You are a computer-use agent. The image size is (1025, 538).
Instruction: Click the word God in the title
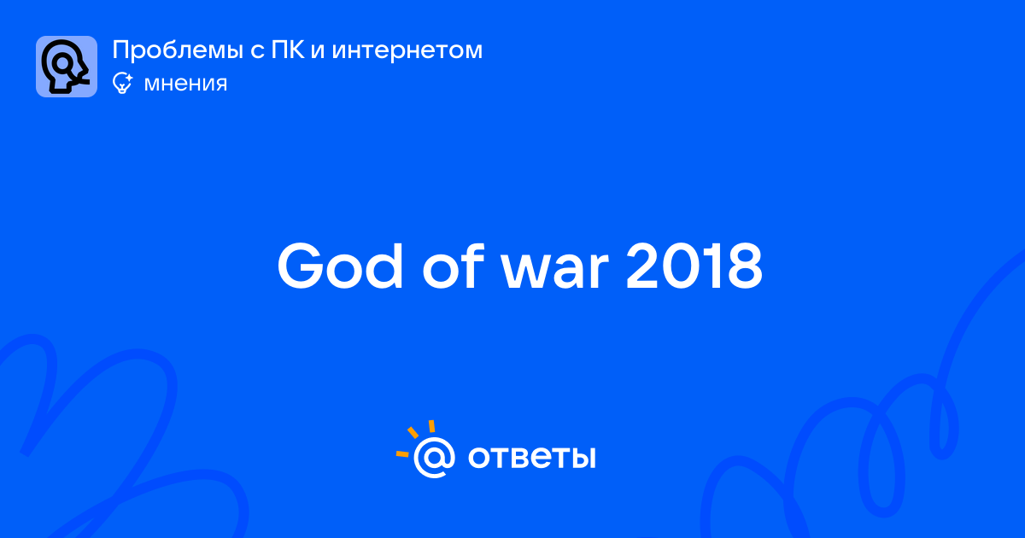pyautogui.click(x=340, y=266)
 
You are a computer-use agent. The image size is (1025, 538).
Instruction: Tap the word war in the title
pyautogui.click(x=555, y=272)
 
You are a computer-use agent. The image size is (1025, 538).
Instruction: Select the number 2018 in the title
pyautogui.click(x=694, y=266)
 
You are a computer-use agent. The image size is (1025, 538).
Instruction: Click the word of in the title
pyautogui.click(x=453, y=266)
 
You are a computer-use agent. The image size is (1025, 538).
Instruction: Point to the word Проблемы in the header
pyautogui.click(x=178, y=50)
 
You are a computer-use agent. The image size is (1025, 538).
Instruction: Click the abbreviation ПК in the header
pyautogui.click(x=288, y=50)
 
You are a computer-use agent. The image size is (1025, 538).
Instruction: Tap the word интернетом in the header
pyautogui.click(x=407, y=52)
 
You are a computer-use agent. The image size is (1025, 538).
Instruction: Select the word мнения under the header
pyautogui.click(x=186, y=84)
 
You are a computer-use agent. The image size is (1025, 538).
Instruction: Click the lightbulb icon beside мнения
pyautogui.click(x=122, y=84)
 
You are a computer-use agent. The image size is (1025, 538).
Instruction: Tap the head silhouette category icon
pyautogui.click(x=67, y=67)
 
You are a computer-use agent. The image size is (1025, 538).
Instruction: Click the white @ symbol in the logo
pyautogui.click(x=434, y=458)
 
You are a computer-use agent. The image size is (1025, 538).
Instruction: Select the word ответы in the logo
pyautogui.click(x=531, y=458)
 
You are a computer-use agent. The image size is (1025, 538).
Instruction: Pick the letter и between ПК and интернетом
pyautogui.click(x=318, y=52)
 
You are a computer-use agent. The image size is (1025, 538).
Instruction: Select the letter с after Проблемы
pyautogui.click(x=258, y=52)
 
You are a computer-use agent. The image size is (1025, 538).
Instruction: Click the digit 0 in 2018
pyautogui.click(x=681, y=266)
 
